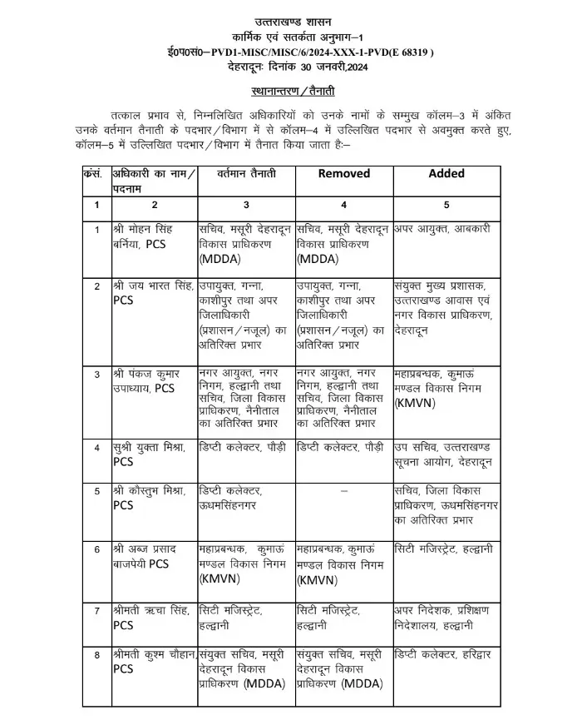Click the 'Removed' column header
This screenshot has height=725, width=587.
pyautogui.click(x=343, y=173)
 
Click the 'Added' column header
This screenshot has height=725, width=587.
pyautogui.click(x=446, y=173)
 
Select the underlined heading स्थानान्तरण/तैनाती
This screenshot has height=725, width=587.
pyautogui.click(x=293, y=90)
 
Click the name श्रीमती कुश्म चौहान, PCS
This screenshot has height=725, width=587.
pyautogui.click(x=155, y=661)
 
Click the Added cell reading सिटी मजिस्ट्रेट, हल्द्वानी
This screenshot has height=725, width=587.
pyautogui.click(x=444, y=550)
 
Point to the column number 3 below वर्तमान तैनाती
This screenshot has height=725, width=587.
pyautogui.click(x=245, y=205)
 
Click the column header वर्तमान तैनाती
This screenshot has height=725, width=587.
pyautogui.click(x=245, y=173)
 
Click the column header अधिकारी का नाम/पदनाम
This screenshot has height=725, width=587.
pyautogui.click(x=155, y=181)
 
